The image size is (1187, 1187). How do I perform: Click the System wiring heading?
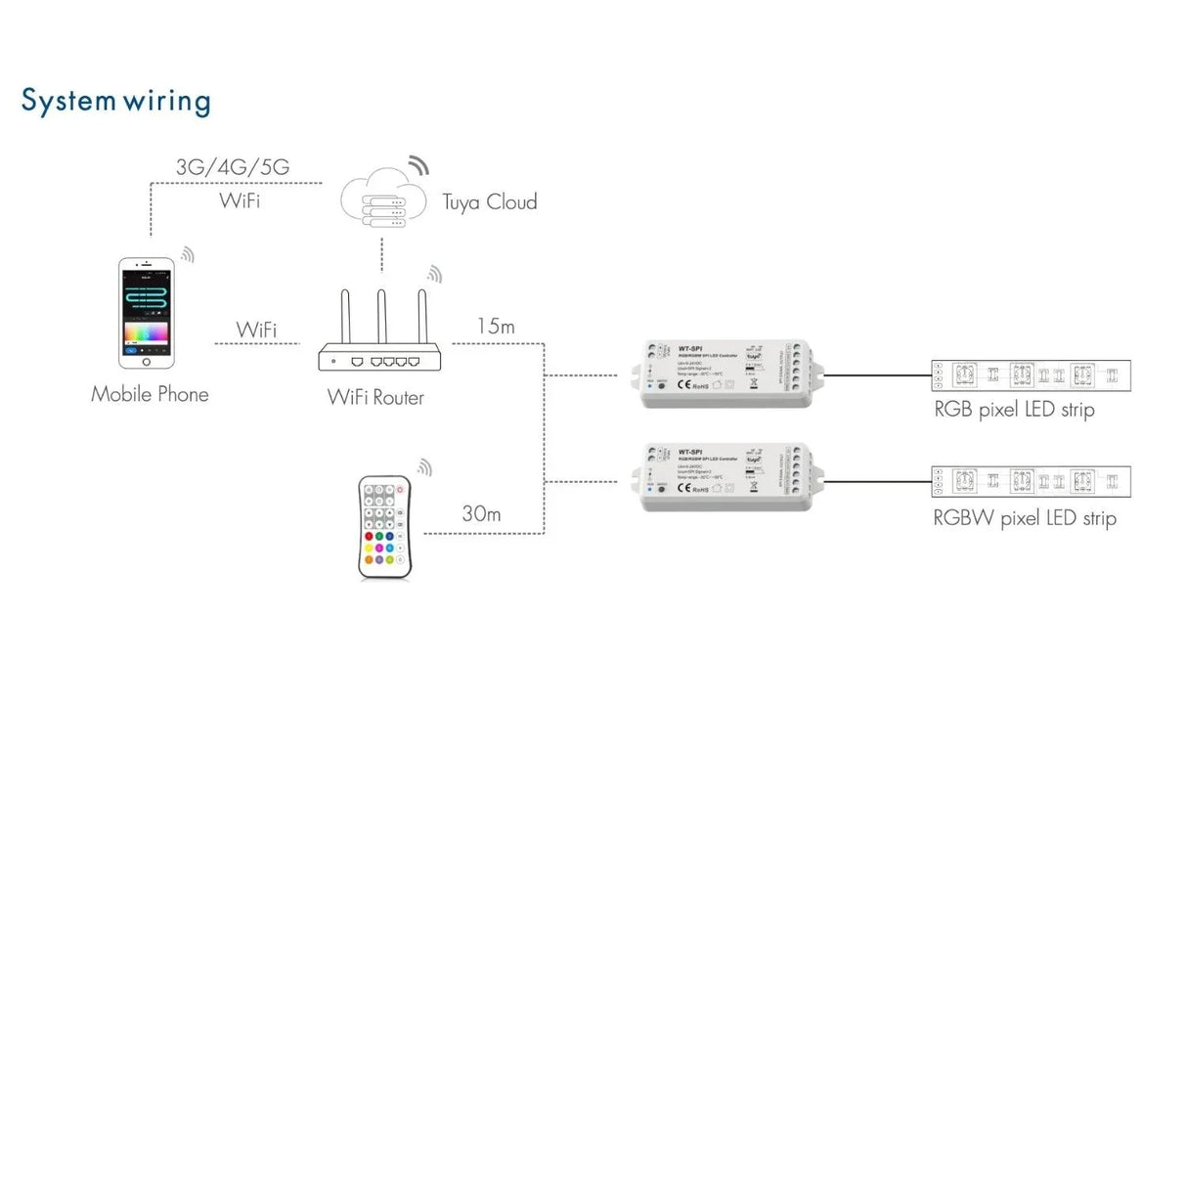[115, 102]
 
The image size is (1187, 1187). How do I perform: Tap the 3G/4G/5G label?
[233, 167]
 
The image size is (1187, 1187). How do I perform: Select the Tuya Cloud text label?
[489, 202]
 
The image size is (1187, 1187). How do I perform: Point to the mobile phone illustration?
[147, 313]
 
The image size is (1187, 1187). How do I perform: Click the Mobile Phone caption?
[150, 394]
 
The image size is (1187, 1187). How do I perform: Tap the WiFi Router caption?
[375, 397]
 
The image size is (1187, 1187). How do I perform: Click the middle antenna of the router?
[382, 318]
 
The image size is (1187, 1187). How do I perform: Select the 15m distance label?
[495, 327]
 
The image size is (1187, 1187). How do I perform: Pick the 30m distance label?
[481, 514]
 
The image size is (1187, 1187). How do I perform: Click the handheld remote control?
[385, 526]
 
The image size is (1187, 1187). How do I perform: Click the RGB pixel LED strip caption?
[1014, 410]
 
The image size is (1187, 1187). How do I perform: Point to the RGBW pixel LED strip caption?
[1024, 518]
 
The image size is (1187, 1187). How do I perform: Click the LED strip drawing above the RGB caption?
[1031, 374]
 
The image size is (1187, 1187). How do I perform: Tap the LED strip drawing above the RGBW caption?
[1031, 482]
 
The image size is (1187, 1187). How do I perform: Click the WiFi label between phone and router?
[256, 330]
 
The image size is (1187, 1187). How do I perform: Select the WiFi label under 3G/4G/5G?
[240, 200]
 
